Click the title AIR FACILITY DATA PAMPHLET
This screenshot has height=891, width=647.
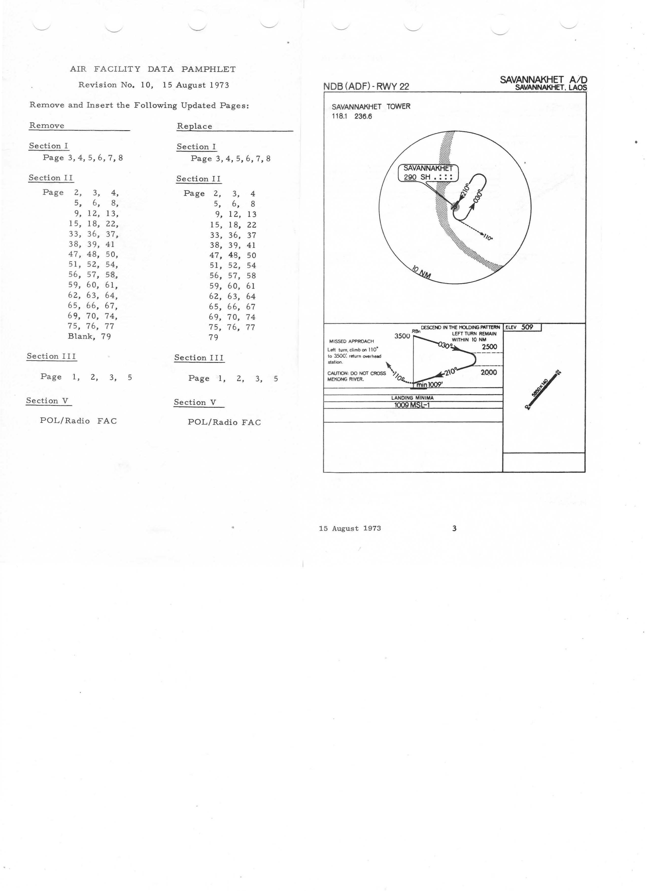(153, 69)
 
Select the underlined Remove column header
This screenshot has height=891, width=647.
(47, 126)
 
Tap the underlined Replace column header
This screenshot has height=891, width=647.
(194, 126)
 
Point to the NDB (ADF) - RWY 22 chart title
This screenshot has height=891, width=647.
(366, 86)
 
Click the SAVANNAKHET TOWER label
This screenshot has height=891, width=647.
(371, 106)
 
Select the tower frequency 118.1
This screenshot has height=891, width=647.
(339, 116)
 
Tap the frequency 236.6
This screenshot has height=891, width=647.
(363, 116)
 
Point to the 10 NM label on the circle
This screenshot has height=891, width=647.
(421, 272)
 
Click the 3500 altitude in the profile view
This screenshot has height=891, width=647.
(402, 336)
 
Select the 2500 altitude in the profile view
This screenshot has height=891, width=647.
(489, 347)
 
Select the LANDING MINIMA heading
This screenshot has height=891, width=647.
(412, 398)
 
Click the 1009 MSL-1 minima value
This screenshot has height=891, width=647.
(412, 405)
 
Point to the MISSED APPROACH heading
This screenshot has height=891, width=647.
(351, 341)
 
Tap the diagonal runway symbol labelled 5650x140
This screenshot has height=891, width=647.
(543, 390)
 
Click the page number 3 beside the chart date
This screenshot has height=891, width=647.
(454, 528)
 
